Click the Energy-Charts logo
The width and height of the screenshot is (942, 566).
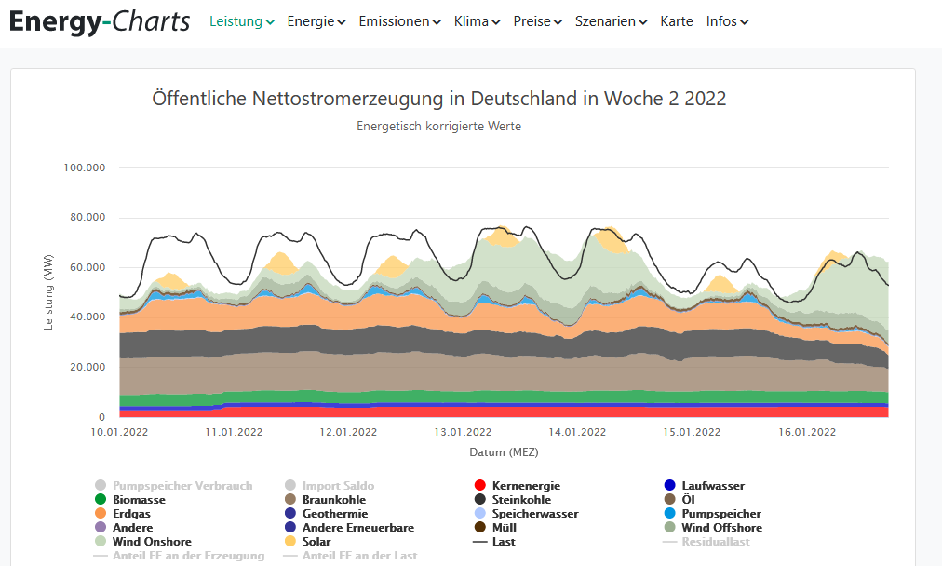click(x=100, y=20)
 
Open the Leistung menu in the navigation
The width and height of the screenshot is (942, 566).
click(x=241, y=21)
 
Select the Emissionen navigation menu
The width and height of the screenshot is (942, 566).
click(x=399, y=21)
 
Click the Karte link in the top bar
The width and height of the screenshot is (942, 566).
click(x=677, y=21)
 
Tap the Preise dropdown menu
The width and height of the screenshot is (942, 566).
click(x=537, y=21)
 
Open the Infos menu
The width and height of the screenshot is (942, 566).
click(x=727, y=21)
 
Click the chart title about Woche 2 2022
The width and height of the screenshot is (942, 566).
click(x=439, y=99)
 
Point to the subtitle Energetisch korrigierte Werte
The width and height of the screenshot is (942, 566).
click(x=439, y=127)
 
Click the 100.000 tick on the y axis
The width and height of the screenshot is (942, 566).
click(x=85, y=168)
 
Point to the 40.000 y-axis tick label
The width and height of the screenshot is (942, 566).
click(x=87, y=317)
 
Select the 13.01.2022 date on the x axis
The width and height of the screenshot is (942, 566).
click(x=463, y=432)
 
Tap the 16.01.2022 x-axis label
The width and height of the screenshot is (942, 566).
click(x=807, y=432)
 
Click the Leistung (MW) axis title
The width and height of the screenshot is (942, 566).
click(x=49, y=293)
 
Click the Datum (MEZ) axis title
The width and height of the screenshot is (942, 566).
click(x=504, y=452)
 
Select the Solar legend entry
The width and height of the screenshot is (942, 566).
click(x=316, y=541)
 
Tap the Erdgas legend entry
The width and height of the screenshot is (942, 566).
click(x=131, y=514)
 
